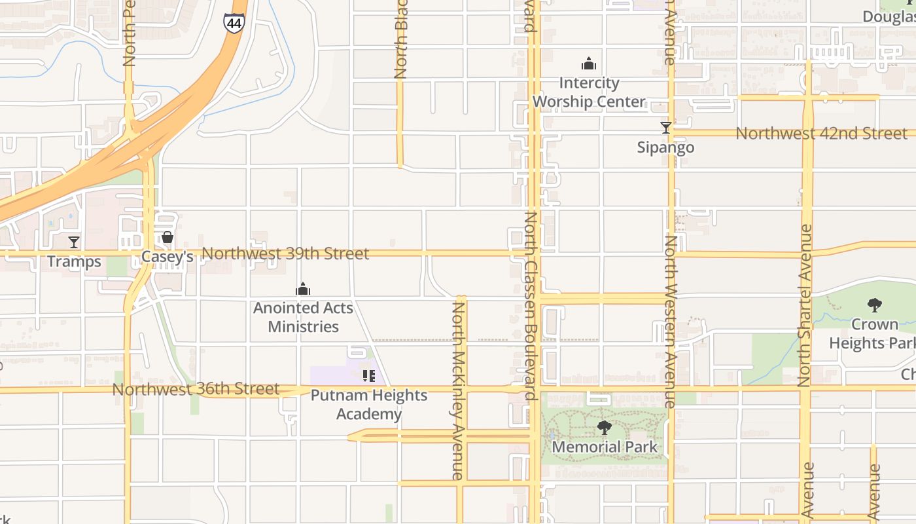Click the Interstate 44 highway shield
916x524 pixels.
click(x=234, y=23)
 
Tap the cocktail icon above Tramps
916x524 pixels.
click(x=74, y=242)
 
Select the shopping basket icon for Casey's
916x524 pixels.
click(x=167, y=237)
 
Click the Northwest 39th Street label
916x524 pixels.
click(x=285, y=253)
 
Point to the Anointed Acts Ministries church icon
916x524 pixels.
click(x=303, y=289)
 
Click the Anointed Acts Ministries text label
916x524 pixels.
click(x=303, y=317)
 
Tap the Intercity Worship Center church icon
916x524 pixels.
click(x=589, y=64)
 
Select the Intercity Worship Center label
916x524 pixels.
click(x=589, y=92)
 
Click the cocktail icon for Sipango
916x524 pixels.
click(x=665, y=128)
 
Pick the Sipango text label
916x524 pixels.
click(x=665, y=147)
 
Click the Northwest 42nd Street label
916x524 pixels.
click(x=822, y=134)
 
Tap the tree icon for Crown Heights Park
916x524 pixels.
click(x=874, y=305)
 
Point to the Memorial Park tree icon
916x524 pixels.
click(x=605, y=428)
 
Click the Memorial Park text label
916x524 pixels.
click(x=605, y=447)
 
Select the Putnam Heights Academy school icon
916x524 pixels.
click(x=369, y=376)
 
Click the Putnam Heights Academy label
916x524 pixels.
click(x=369, y=405)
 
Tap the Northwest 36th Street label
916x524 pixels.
click(x=196, y=389)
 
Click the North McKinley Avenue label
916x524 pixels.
click(x=459, y=390)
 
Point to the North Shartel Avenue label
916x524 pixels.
click(x=806, y=305)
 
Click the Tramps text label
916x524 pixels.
click(x=74, y=262)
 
